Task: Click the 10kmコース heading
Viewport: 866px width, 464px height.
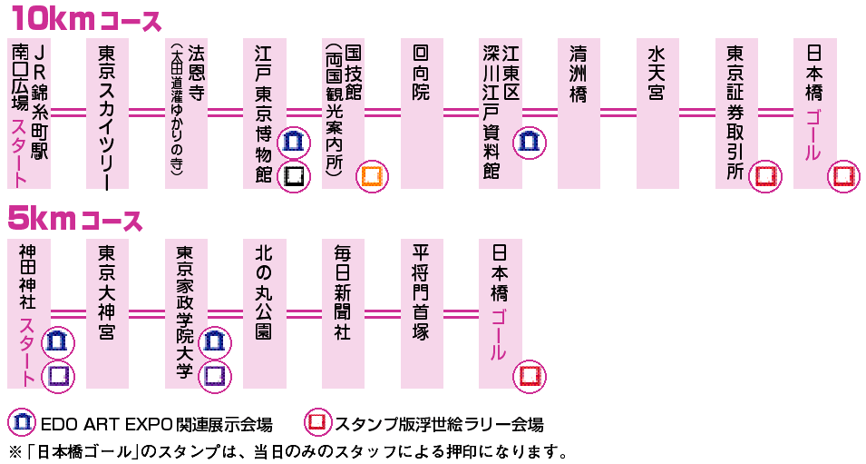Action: coord(86,20)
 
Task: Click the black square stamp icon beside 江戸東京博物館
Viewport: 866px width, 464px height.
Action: coord(293,175)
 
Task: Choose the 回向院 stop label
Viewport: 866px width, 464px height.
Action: coord(421,73)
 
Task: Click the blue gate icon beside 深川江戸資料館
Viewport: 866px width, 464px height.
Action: coord(529,142)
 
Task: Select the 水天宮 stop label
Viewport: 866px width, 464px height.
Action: coord(657,73)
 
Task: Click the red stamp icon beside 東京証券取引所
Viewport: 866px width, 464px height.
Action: coord(766,175)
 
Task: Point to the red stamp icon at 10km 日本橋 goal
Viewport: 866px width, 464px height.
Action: coord(844,175)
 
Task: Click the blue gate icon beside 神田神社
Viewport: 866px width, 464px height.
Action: coord(58,342)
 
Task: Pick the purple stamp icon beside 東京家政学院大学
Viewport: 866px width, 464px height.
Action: coord(215,374)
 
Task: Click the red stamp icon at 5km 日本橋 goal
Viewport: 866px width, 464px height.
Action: coord(530,375)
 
